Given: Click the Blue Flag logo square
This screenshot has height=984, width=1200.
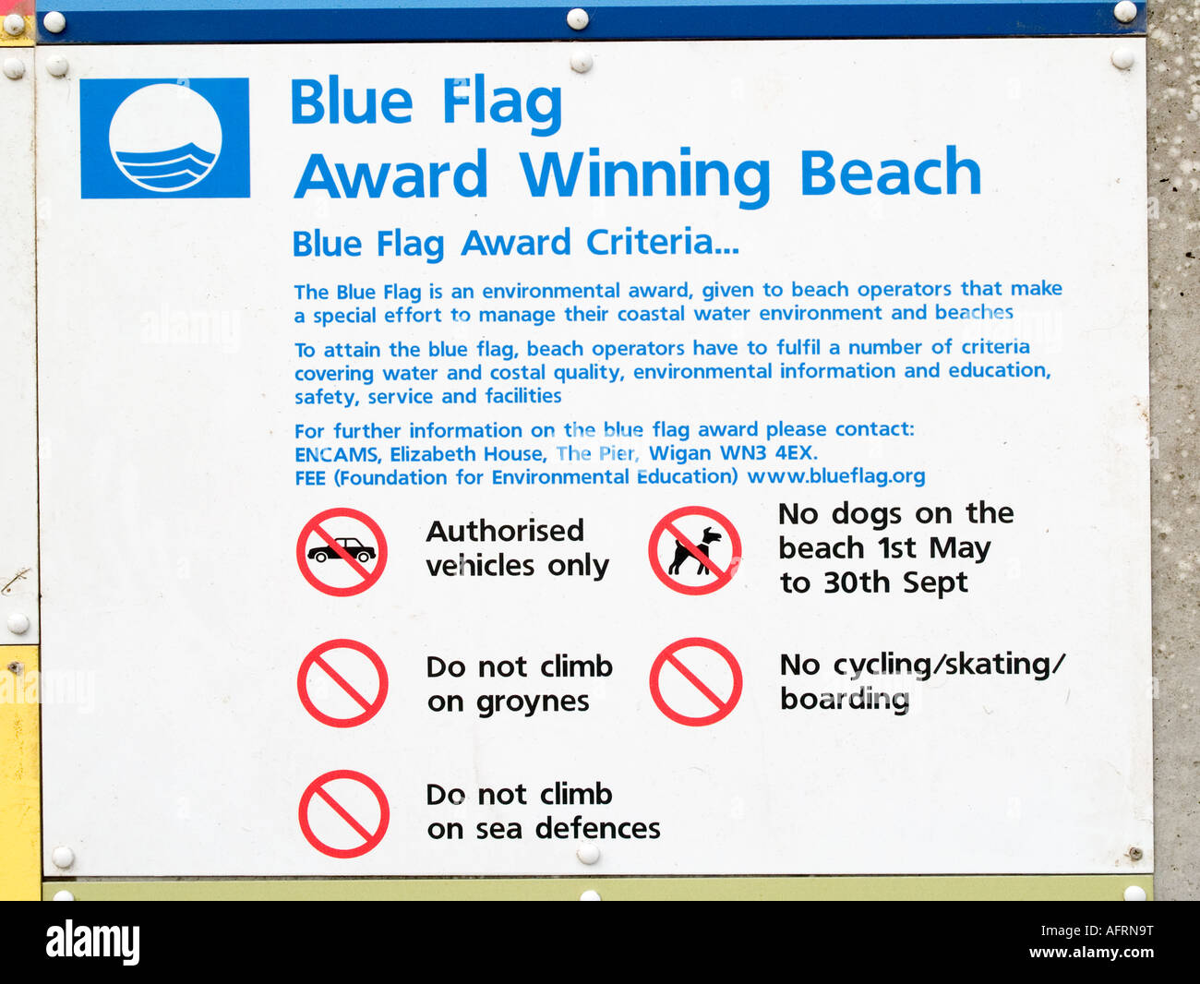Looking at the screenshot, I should pyautogui.click(x=165, y=138).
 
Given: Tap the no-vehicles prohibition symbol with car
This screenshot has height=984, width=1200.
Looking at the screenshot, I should pyautogui.click(x=342, y=552).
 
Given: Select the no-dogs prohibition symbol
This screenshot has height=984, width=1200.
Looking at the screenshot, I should pyautogui.click(x=695, y=551).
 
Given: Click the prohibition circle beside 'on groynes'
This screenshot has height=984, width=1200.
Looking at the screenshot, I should pyautogui.click(x=342, y=683).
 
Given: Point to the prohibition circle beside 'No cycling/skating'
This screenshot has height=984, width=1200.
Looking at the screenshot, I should pyautogui.click(x=696, y=682).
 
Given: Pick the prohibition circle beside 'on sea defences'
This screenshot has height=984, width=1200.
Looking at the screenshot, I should pyautogui.click(x=343, y=814).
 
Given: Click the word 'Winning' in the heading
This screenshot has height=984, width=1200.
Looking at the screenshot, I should pyautogui.click(x=644, y=174).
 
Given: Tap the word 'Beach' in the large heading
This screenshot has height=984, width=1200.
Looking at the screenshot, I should pyautogui.click(x=889, y=173).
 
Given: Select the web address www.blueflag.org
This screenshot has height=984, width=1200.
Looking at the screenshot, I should pyautogui.click(x=835, y=476).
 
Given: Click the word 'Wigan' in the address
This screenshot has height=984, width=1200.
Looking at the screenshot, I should pyautogui.click(x=680, y=453).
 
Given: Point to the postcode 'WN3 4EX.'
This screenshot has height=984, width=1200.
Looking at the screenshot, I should pyautogui.click(x=769, y=453).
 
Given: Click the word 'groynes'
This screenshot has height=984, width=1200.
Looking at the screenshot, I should pyautogui.click(x=533, y=702).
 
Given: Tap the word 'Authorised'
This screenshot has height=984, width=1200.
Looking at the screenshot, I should pyautogui.click(x=505, y=531).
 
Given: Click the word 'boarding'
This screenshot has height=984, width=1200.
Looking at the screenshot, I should pyautogui.click(x=845, y=699).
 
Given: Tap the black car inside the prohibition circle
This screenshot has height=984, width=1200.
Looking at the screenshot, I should pyautogui.click(x=342, y=551).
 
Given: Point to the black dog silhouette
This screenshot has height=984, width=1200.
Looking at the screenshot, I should pyautogui.click(x=695, y=551).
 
